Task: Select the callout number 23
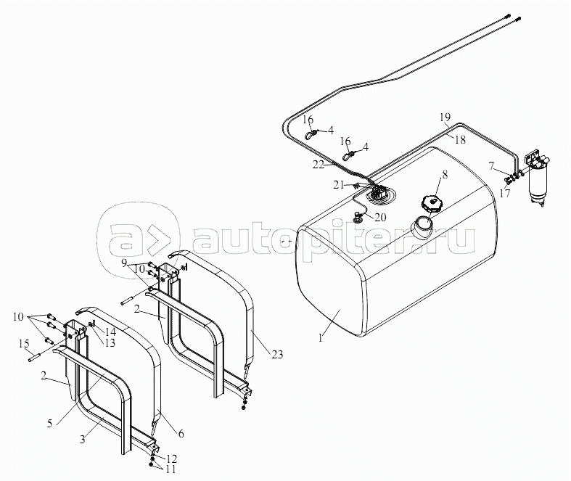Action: (278, 354)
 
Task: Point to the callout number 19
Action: (444, 117)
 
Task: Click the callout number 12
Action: (172, 459)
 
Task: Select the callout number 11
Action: (172, 469)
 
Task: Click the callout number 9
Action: (124, 262)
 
